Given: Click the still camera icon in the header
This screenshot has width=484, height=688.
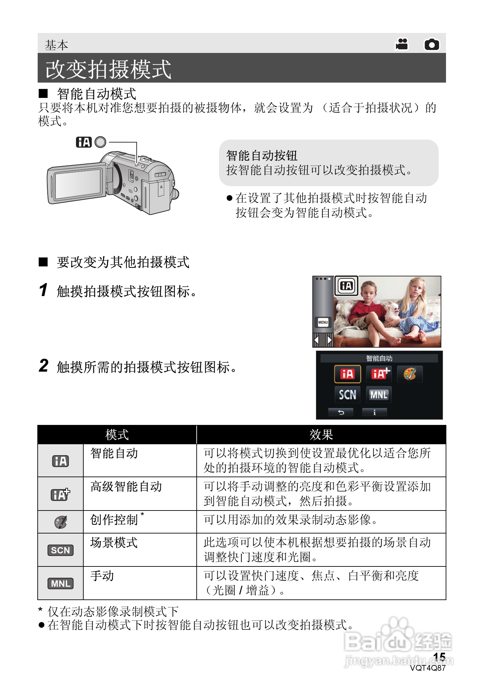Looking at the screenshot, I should (432, 44).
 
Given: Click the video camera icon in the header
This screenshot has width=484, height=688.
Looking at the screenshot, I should (402, 44).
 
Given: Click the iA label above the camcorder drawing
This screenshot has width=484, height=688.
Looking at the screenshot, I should (83, 142).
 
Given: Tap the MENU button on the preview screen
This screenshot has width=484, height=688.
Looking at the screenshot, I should (323, 322).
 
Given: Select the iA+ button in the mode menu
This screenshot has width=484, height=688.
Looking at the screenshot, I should (379, 374).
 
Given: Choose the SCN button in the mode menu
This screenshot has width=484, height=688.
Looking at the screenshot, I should (347, 395).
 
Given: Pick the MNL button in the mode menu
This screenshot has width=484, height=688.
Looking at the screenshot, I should (379, 395).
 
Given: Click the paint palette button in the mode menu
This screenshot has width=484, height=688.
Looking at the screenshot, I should (410, 374).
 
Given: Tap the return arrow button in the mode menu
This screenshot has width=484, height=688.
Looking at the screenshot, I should (341, 413).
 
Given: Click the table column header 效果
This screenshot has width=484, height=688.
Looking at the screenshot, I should (321, 435).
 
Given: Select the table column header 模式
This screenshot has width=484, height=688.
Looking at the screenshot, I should (117, 435).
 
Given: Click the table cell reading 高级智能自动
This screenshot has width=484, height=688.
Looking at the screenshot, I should (126, 487).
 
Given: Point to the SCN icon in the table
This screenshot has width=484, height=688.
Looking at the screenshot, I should (60, 550).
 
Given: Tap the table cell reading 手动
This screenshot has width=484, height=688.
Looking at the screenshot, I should (102, 576).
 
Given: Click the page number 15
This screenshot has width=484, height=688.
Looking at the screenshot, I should (439, 657).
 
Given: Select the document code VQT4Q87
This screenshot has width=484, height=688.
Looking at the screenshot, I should (428, 668).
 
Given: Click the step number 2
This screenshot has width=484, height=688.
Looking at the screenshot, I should (44, 366).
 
